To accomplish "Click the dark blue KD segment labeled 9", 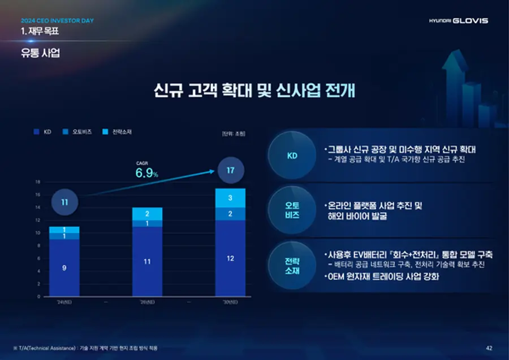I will (64, 268).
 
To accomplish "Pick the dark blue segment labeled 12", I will (230, 258).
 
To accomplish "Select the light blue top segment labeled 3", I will (230, 198).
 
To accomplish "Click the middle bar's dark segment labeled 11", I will (147, 262).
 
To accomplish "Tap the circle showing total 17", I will (230, 170).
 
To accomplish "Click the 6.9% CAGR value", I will (146, 173).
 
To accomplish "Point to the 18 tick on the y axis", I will (37, 182).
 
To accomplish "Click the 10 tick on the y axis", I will (37, 233).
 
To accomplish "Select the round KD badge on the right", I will (292, 156).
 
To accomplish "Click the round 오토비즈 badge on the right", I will (292, 210).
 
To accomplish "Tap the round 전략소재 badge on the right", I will (292, 265).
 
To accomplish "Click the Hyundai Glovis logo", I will (458, 20).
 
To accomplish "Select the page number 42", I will (489, 347).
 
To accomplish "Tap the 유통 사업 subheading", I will (40, 53).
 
